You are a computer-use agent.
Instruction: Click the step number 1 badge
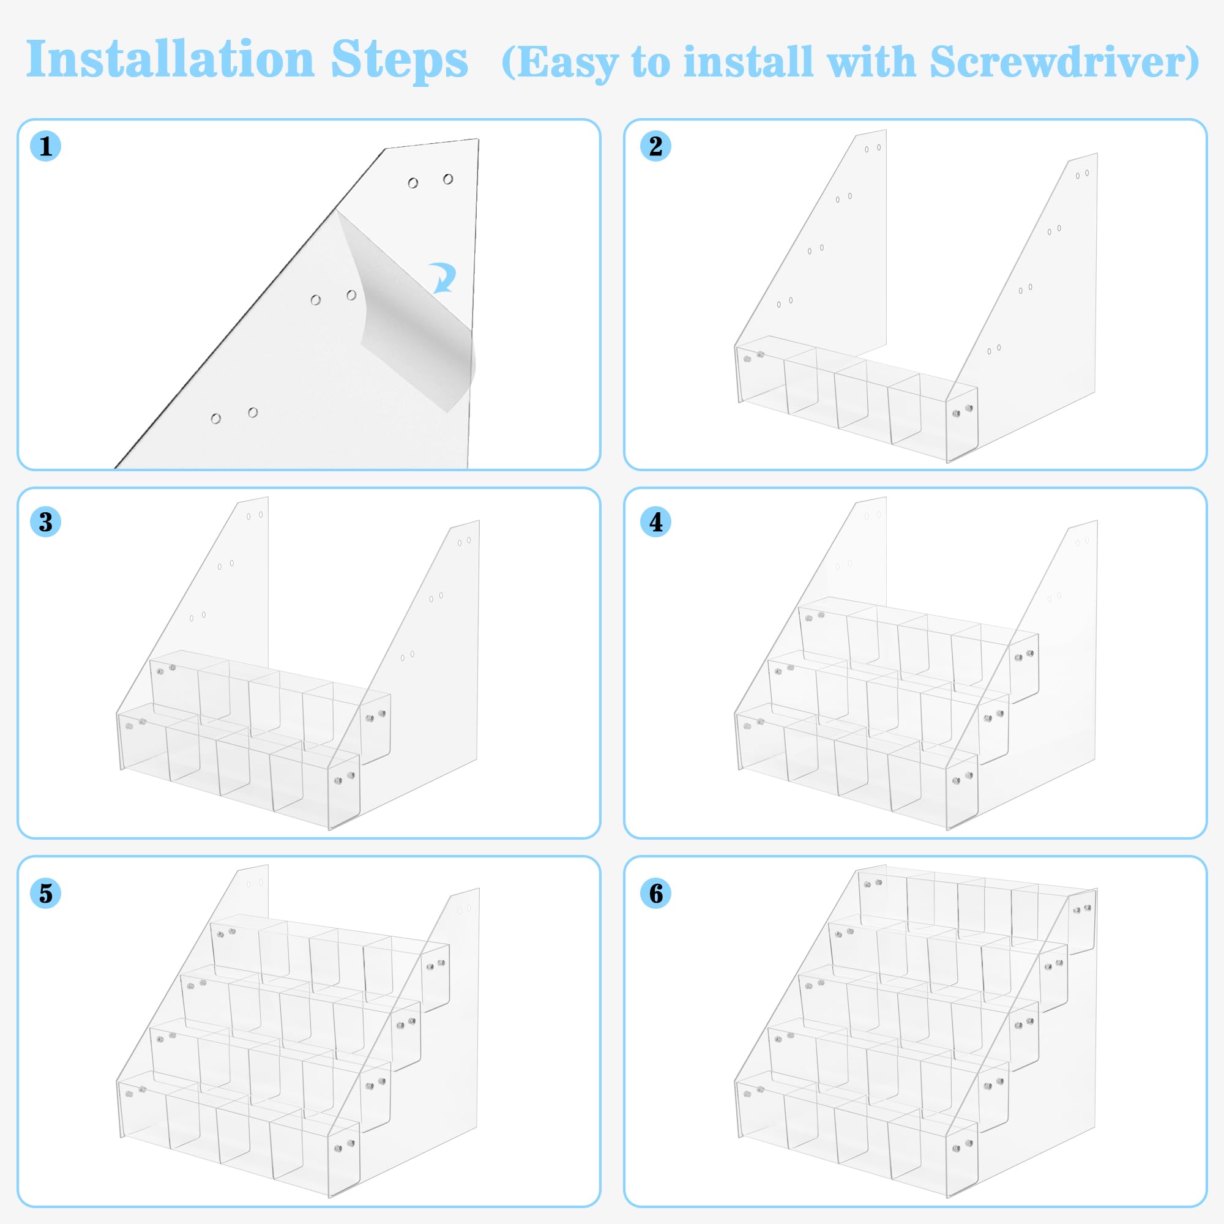point(46,146)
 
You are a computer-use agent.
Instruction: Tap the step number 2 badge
point(655,146)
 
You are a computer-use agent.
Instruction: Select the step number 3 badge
point(46,522)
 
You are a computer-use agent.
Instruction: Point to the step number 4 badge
point(655,522)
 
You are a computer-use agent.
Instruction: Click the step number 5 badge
point(46,894)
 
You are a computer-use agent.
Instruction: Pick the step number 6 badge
point(655,894)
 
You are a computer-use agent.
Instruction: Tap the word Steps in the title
point(399,60)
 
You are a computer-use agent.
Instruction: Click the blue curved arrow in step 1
point(443,277)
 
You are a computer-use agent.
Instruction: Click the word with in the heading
point(871,61)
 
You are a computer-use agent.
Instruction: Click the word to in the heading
point(651,62)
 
